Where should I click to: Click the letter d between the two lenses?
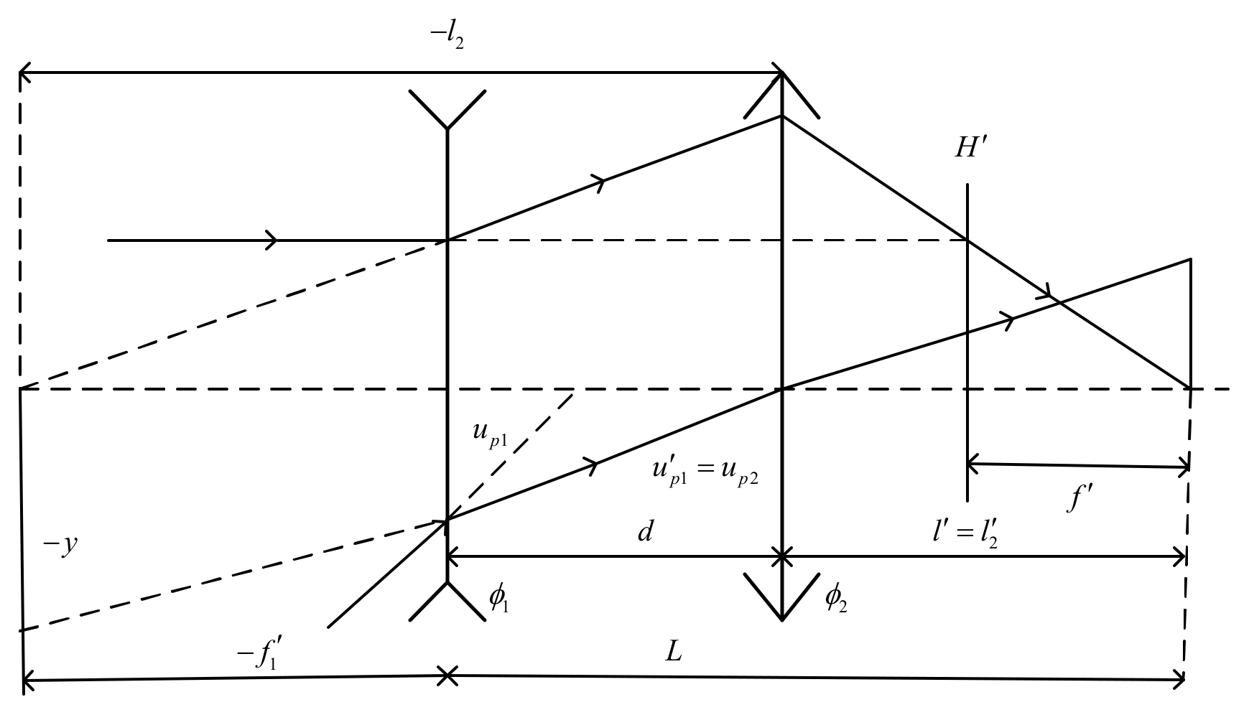645,533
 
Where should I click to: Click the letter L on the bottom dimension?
673,653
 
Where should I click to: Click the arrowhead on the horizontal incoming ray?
271,240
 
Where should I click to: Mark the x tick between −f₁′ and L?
447,676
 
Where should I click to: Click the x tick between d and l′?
781,556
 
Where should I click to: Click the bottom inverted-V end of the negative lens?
447,600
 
